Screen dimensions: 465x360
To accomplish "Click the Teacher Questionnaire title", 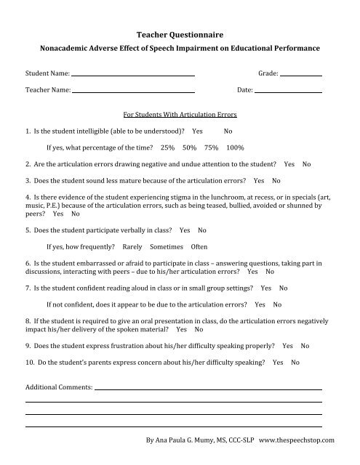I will tap(180, 33).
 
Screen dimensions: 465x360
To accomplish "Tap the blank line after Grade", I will tap(300, 75).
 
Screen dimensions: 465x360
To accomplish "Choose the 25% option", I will tap(168, 147).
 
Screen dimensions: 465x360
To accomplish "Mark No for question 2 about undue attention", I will tap(306, 164).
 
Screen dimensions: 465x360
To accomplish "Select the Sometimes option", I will tap(167, 246).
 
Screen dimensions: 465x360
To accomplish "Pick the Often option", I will tap(199, 246).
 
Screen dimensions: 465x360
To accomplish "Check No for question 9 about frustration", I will tap(305, 346).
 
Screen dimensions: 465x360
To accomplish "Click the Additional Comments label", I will tap(59, 387).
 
